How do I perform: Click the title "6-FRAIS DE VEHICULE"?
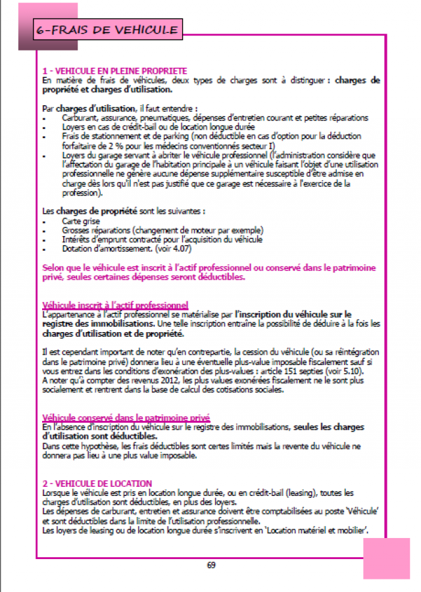[x=107, y=30]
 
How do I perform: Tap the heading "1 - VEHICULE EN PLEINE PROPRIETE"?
[x=114, y=71]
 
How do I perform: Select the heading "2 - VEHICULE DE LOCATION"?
[x=97, y=483]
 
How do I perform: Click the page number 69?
[x=210, y=564]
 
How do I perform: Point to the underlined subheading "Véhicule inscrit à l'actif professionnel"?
[x=115, y=305]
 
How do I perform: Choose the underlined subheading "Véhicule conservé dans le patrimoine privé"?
[x=126, y=417]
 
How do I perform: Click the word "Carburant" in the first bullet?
[x=80, y=117]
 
